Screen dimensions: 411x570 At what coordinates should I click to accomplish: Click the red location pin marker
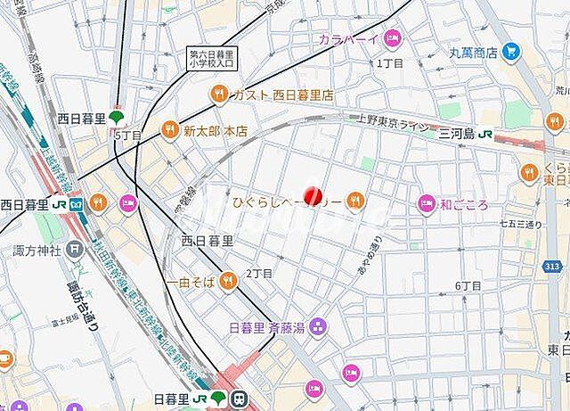312,197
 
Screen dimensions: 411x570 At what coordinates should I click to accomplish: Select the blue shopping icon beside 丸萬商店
510,52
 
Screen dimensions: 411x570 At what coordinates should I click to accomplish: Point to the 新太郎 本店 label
216,131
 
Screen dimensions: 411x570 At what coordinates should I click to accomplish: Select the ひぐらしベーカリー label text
287,203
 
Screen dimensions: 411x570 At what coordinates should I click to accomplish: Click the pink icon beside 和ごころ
426,204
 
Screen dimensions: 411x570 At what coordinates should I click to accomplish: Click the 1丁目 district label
389,63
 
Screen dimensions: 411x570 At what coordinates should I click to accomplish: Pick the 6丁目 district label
468,285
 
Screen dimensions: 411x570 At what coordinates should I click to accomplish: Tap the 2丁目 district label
257,273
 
